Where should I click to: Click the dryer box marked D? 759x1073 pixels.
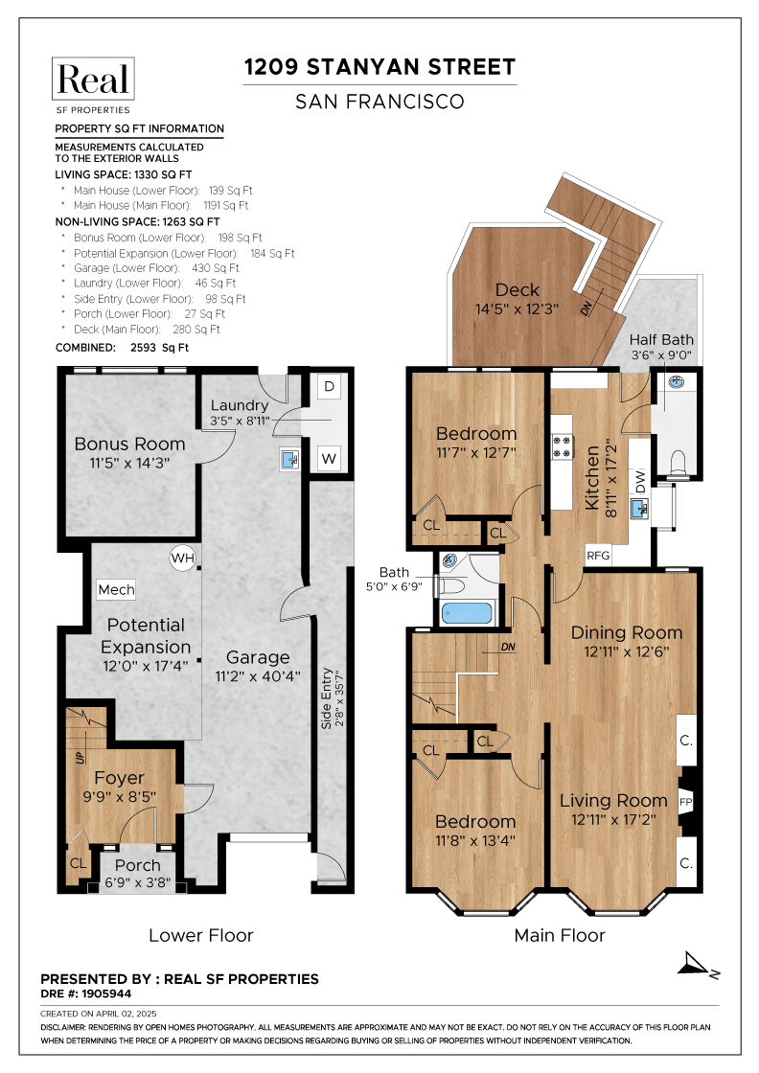329,387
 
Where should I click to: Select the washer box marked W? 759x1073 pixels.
329,459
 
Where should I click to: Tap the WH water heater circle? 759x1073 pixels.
182,557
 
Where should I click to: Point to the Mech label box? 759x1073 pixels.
116,589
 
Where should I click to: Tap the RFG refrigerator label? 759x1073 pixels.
598,555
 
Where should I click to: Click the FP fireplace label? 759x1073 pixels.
685,801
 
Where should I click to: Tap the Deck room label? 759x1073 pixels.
517,290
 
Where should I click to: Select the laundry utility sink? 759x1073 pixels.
289,459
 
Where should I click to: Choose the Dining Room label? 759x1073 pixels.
627,632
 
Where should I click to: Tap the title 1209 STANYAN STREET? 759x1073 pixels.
379,67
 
